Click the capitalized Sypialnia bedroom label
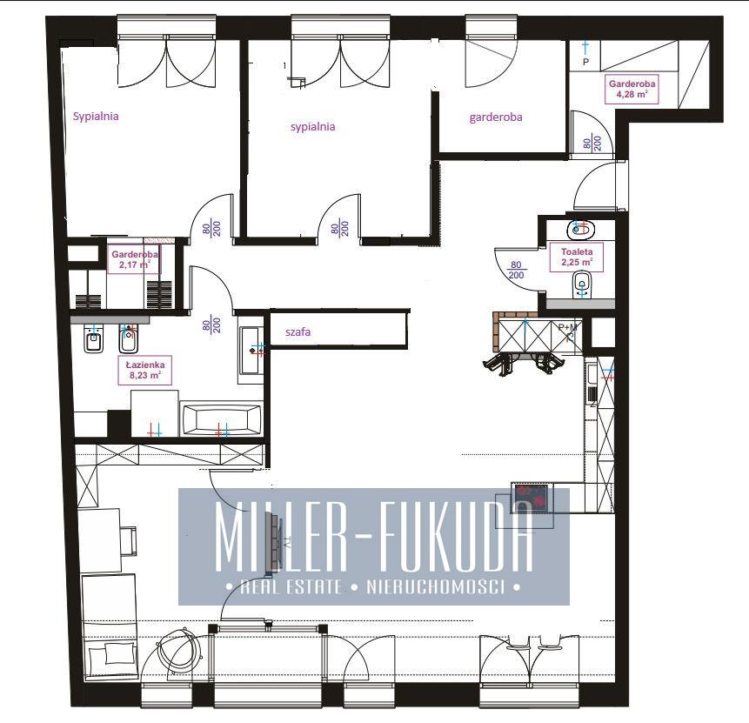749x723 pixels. click(x=96, y=116)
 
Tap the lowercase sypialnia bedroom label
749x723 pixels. click(x=313, y=127)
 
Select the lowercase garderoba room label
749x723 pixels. click(x=495, y=117)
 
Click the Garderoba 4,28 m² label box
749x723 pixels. click(x=632, y=89)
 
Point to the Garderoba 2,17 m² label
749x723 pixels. click(x=135, y=259)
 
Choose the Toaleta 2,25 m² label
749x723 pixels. click(x=577, y=257)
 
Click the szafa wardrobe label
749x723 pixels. click(x=298, y=332)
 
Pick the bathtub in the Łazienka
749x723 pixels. click(x=221, y=420)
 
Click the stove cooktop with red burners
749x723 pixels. click(x=531, y=498)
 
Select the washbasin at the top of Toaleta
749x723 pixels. click(x=580, y=230)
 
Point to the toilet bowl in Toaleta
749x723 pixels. click(x=581, y=284)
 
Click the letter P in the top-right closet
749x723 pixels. click(x=585, y=62)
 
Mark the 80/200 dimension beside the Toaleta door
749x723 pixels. click(x=516, y=270)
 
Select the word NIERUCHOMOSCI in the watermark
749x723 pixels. click(x=436, y=586)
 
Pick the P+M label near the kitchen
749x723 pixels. click(x=568, y=327)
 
